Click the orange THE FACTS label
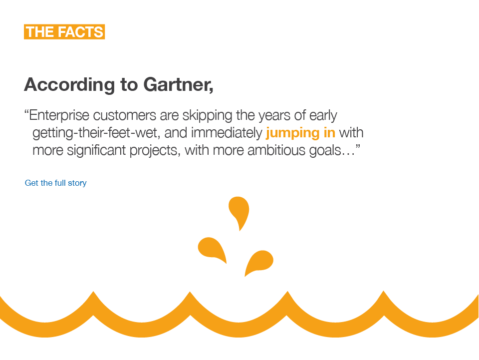click(64, 32)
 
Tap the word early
click(323, 116)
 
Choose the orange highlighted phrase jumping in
click(300, 133)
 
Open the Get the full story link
click(56, 183)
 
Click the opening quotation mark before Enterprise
click(26, 113)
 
